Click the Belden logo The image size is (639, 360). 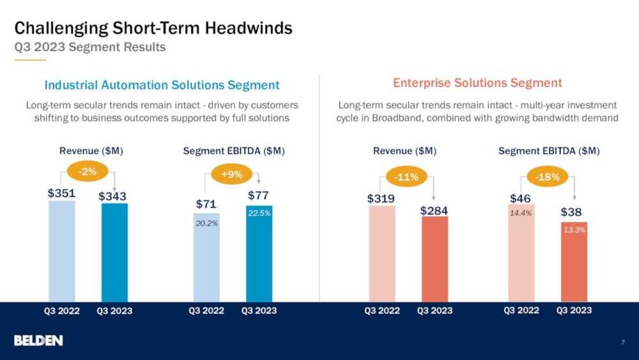point(38,340)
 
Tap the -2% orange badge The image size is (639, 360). point(88,171)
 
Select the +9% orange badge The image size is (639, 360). point(231,175)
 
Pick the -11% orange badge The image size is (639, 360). point(406,177)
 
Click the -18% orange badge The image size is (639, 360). point(548,177)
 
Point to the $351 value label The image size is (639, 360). point(61,193)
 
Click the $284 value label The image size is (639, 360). point(434,210)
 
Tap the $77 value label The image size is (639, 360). point(258,195)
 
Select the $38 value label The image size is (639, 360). point(571,212)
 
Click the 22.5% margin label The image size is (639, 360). point(259,213)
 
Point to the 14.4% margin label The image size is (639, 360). point(520,213)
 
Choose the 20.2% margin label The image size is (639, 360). point(206,223)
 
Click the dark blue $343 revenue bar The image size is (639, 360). point(114,253)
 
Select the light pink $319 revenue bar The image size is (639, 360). point(382,254)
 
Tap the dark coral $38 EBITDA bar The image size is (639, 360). point(574,262)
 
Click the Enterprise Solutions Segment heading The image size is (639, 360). point(477,82)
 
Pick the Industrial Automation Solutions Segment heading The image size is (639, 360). point(162,85)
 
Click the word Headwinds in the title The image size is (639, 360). point(249,27)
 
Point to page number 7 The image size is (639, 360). point(622,341)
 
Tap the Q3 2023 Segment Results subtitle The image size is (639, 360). point(90,47)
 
